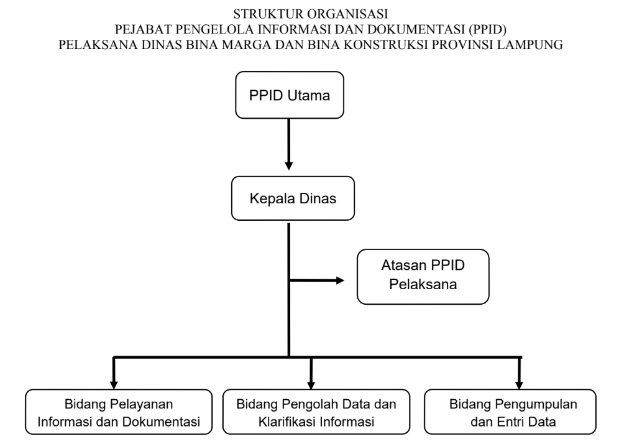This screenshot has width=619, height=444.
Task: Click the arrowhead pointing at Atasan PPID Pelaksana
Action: click(x=339, y=280)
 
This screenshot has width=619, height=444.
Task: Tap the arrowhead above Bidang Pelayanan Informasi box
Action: click(x=114, y=382)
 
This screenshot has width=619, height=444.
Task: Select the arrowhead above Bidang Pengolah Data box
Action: click(x=311, y=382)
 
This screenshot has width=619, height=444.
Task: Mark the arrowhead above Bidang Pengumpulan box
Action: click(x=519, y=382)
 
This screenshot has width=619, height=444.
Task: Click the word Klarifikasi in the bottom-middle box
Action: click(x=285, y=423)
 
